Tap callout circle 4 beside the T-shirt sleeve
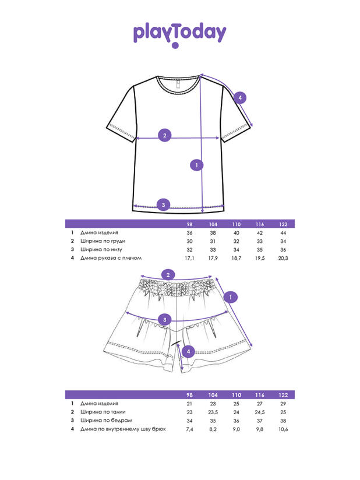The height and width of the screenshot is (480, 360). [240, 98]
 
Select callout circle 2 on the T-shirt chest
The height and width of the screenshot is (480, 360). [165, 136]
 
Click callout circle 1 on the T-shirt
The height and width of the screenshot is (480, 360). [197, 165]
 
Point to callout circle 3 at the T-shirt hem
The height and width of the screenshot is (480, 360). [164, 204]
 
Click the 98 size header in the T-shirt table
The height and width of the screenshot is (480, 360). [189, 224]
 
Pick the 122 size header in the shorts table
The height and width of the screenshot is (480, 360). [283, 395]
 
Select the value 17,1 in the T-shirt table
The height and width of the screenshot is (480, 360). [189, 257]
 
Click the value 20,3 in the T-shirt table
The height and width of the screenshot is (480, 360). [283, 257]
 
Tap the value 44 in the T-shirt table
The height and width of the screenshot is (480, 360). [283, 233]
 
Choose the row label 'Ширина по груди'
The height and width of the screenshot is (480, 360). [103, 241]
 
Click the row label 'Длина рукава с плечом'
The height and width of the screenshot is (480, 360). [111, 257]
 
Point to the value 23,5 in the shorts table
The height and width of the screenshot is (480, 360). [213, 412]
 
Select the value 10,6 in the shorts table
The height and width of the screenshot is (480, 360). [283, 429]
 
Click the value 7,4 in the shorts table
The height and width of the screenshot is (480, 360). [189, 429]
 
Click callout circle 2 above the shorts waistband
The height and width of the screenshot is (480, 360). [168, 275]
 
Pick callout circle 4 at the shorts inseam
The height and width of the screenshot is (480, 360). [188, 351]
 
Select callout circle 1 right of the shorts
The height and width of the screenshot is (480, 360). [231, 298]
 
